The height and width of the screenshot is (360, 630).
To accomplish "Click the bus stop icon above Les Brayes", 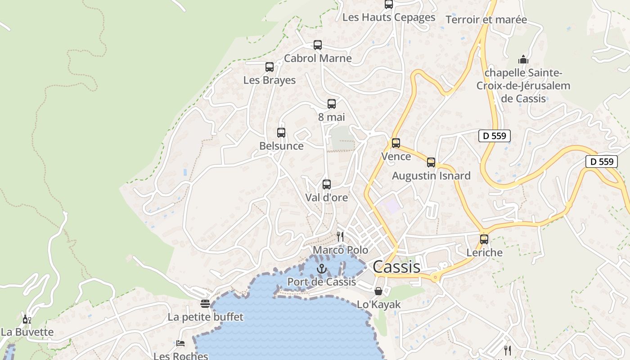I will click(x=270, y=67).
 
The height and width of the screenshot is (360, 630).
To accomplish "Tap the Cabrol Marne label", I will click(x=318, y=58).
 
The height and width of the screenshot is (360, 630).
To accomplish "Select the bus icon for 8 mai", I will click(x=332, y=104).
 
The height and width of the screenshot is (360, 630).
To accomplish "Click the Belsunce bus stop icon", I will click(x=281, y=133).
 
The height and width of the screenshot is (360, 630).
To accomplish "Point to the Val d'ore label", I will click(x=327, y=197).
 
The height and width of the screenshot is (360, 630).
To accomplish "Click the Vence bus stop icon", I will click(x=396, y=143).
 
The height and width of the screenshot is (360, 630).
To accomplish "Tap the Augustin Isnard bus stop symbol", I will click(x=431, y=162).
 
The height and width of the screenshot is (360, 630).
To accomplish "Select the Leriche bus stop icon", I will click(x=484, y=239).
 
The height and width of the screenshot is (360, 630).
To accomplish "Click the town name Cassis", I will click(x=396, y=266).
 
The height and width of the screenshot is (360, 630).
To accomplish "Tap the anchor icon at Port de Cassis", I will click(x=321, y=269).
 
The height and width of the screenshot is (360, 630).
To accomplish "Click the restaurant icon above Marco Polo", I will click(x=340, y=237).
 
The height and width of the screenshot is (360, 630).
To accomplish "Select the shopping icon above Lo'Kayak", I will click(x=378, y=291).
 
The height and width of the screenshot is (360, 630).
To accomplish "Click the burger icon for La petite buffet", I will click(x=205, y=304).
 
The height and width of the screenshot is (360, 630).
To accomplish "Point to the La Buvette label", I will click(x=27, y=332).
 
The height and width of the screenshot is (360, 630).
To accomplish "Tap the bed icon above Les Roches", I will click(x=180, y=343).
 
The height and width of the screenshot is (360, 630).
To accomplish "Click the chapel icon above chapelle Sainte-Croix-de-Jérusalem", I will click(x=523, y=59).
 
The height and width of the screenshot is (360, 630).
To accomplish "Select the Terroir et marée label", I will click(x=486, y=19).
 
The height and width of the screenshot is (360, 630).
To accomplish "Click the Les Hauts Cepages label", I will click(x=389, y=17).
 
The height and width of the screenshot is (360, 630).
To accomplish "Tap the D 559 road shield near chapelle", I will click(x=494, y=135).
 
